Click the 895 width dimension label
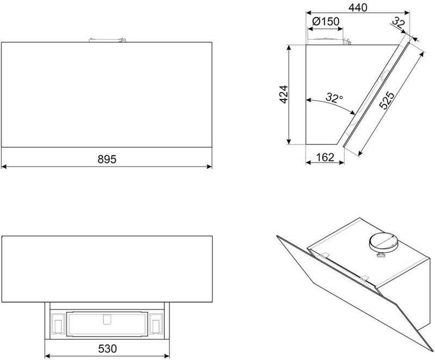click(x=107, y=159)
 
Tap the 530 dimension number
click(x=107, y=349)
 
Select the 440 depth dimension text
click(x=358, y=8)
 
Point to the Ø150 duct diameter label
click(x=325, y=21)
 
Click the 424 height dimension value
click(x=284, y=95)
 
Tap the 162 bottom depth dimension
click(x=325, y=157)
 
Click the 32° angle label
click(x=334, y=98)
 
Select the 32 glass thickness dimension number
click(x=399, y=23)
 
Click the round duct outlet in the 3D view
click(x=383, y=241)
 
